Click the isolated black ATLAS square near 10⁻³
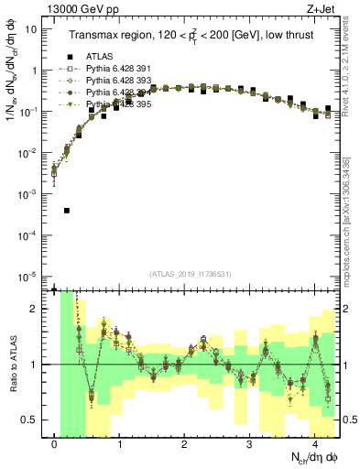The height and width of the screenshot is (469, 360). pyautogui.click(x=67, y=211)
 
